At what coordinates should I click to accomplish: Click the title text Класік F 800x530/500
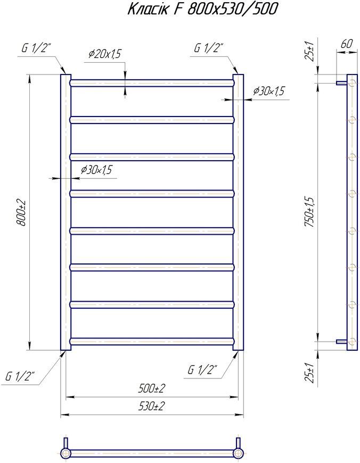[203, 9]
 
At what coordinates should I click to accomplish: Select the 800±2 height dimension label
[22, 213]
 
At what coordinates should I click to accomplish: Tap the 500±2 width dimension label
[151, 388]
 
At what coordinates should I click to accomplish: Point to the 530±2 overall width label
[151, 407]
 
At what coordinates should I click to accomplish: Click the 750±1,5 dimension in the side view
[310, 212]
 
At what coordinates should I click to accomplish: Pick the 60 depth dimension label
[347, 44]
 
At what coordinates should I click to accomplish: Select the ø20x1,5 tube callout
[105, 54]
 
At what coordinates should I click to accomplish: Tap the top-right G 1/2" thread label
[208, 48]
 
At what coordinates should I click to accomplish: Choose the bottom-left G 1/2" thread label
[20, 376]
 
